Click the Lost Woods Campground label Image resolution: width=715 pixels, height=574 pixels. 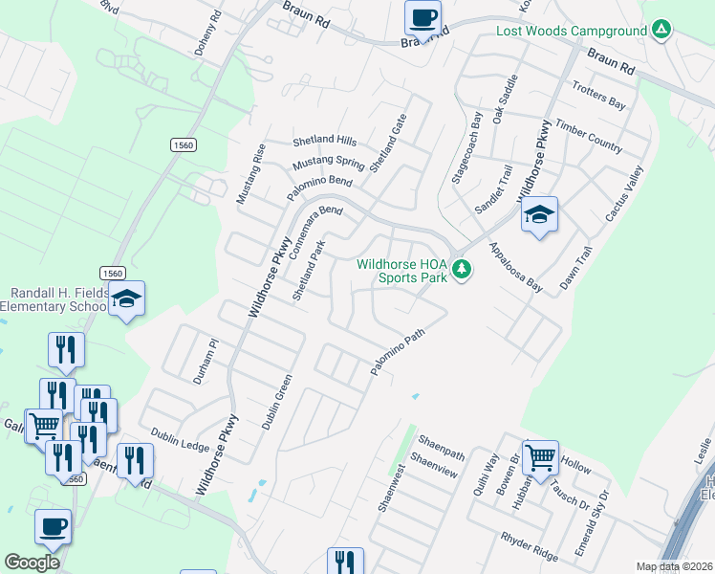(x=572, y=32)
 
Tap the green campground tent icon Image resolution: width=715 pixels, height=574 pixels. (x=661, y=31)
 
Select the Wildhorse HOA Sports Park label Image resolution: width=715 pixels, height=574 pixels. (x=402, y=272)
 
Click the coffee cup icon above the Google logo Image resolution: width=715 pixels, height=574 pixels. (x=53, y=526)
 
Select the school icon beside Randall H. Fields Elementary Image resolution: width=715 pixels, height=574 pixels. (x=126, y=299)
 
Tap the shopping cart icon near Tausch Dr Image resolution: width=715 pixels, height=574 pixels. (x=540, y=456)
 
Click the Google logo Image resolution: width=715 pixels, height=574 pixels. (x=32, y=563)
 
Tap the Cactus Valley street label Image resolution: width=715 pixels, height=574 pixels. (x=624, y=194)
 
